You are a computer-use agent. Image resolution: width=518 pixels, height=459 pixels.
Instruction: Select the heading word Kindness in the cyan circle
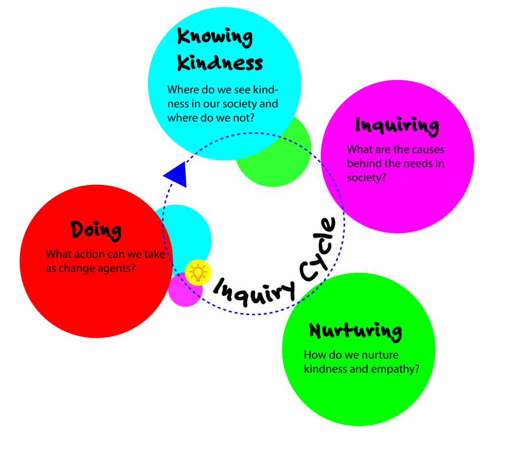221,63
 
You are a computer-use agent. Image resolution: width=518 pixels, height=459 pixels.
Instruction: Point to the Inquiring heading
397,125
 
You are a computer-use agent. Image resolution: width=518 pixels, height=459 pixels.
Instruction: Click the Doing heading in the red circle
96,230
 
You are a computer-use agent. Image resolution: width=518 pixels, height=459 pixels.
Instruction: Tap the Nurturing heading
356,332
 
